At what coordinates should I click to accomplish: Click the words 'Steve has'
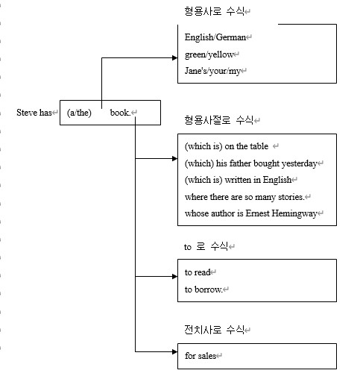coord(34,113)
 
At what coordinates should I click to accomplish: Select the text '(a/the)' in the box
coord(79,113)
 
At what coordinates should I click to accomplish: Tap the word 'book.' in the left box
coord(120,113)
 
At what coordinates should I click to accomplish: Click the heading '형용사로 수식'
coord(215,11)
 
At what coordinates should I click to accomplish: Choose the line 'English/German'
coord(215,37)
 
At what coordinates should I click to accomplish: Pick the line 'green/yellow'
coord(209,54)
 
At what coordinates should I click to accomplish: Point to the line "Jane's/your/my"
coord(212,71)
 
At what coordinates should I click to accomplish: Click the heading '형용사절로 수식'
coord(219,120)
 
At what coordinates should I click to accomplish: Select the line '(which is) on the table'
coord(227,146)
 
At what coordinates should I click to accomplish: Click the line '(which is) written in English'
coord(238,180)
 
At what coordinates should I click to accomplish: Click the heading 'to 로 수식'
coord(206,246)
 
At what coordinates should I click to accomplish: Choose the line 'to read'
coord(198,272)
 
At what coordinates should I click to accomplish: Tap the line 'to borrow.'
coord(203,289)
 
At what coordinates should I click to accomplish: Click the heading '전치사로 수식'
coord(215,330)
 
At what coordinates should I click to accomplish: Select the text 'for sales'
coord(200,356)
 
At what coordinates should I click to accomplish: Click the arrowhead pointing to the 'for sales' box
coord(175,351)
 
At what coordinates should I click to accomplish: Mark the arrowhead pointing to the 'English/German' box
coord(175,58)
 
